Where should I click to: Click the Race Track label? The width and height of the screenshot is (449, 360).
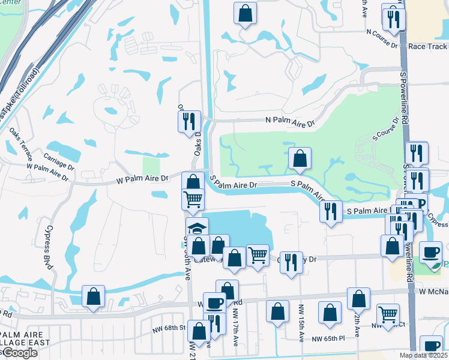click(427, 46)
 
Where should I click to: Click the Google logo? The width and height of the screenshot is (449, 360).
click(19, 353)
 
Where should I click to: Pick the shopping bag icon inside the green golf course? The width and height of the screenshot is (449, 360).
click(300, 159)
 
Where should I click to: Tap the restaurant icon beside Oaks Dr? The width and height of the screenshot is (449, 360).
click(190, 121)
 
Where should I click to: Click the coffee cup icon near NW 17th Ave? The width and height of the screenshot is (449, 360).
click(214, 303)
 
